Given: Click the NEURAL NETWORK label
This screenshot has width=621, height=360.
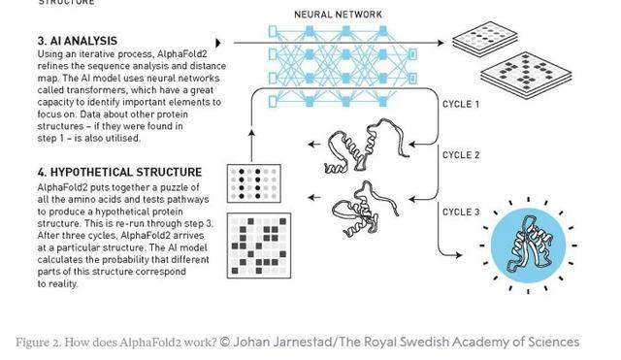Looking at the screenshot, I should click(x=338, y=15).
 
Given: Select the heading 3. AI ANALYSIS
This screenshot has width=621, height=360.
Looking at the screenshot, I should click(x=78, y=42).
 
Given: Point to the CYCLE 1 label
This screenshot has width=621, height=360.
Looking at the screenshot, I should click(x=461, y=104).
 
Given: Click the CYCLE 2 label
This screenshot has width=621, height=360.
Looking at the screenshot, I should click(x=461, y=155).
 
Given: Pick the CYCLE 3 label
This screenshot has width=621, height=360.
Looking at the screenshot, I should click(x=461, y=212).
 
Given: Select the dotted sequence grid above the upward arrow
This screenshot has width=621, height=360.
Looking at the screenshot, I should click(x=253, y=183).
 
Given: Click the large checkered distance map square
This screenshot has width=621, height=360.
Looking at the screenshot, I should click(x=259, y=245).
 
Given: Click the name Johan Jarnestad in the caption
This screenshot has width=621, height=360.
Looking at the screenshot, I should click(x=280, y=342).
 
